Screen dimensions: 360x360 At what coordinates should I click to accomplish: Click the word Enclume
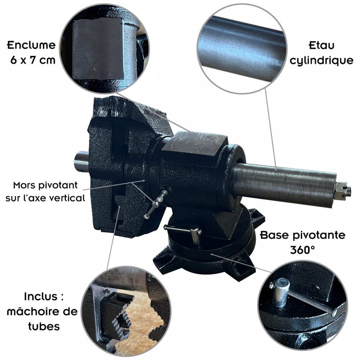pyautogui.click(x=31, y=45)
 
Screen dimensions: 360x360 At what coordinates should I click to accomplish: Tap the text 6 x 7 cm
pyautogui.click(x=33, y=60)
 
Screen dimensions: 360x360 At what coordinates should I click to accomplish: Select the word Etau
pyautogui.click(x=321, y=45)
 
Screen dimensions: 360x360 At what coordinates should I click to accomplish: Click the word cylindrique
pyautogui.click(x=321, y=60)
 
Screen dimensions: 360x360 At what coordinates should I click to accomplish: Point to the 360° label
pyautogui.click(x=302, y=250)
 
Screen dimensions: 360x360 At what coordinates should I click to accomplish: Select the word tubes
pyautogui.click(x=44, y=326)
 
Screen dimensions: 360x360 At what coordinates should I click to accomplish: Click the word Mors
pyautogui.click(x=24, y=185)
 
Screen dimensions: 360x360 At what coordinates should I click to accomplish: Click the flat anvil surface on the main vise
pyautogui.click(x=195, y=141)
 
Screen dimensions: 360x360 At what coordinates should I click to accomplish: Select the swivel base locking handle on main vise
pyautogui.click(x=184, y=231)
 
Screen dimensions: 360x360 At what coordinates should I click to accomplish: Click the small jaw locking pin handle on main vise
pyautogui.click(x=156, y=203)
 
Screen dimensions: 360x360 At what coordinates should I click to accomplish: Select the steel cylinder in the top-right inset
pyautogui.click(x=242, y=49)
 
